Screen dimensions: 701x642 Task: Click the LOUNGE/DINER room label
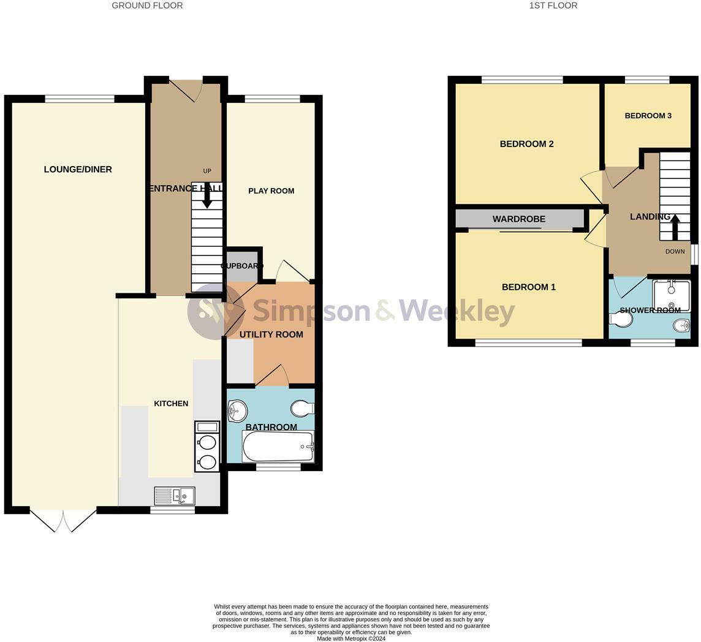tap(78, 170)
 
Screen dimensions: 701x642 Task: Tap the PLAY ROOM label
tap(271, 191)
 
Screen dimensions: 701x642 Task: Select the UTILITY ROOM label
tap(271, 334)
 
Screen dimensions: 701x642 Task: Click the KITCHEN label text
tap(171, 404)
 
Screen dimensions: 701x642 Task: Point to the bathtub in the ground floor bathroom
tap(278, 446)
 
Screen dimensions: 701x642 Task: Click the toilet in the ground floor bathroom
tap(303, 408)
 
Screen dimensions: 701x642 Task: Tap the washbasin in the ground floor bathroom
tap(237, 410)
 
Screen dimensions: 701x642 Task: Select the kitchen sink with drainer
tap(175, 496)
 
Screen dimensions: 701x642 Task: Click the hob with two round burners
tap(207, 446)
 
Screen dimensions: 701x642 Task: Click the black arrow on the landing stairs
tap(674, 227)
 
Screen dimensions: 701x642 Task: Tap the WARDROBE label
tap(519, 219)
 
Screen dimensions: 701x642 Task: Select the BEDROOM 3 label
tap(648, 116)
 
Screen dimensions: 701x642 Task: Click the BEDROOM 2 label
tap(526, 144)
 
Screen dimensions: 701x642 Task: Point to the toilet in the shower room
tap(621, 319)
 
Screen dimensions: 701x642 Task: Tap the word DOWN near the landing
tap(675, 251)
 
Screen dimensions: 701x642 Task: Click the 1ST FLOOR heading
tap(553, 6)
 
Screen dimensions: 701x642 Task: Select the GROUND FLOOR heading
tap(147, 6)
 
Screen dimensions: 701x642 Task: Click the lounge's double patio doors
tap(63, 520)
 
